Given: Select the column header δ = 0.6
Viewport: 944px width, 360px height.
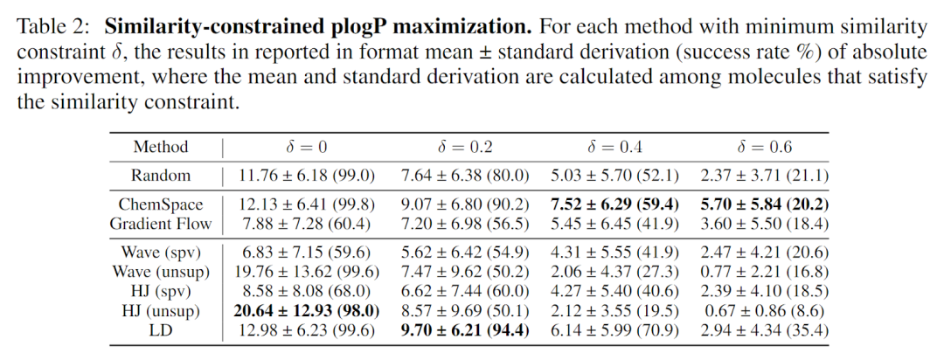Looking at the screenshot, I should (764, 147).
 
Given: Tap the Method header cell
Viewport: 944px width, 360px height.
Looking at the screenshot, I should (160, 147).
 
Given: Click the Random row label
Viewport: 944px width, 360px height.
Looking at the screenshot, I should (160, 176).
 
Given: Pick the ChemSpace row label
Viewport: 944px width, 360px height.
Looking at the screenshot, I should (160, 204).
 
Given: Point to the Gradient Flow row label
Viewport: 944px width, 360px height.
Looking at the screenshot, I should (160, 224).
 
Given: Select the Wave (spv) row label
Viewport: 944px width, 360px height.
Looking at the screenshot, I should (160, 253).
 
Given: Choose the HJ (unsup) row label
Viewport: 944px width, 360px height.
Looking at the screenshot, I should (160, 311).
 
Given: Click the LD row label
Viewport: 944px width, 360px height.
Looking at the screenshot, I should (160, 330).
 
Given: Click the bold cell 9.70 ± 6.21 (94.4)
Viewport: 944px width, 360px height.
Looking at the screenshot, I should (464, 330).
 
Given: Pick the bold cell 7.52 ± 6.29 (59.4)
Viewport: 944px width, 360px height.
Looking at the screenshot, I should (614, 204).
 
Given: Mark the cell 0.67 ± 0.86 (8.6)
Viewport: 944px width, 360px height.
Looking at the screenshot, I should (764, 311).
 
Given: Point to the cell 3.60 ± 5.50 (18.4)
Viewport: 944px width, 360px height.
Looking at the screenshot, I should (764, 224).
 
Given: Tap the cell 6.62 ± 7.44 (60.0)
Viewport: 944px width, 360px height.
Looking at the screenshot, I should (464, 292).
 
